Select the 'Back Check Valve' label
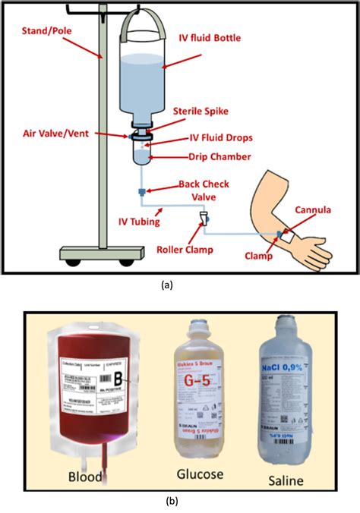[x=205, y=190]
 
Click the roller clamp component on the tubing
[x=203, y=219]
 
